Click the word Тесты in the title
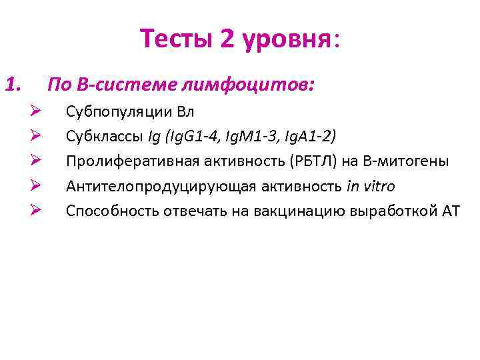click(x=176, y=40)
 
